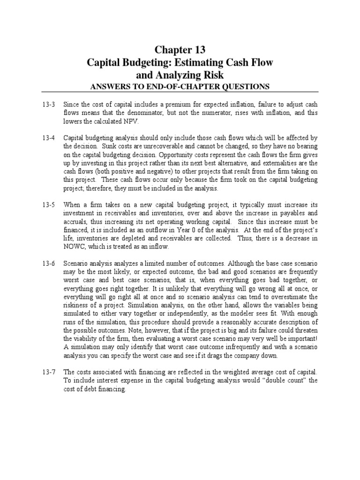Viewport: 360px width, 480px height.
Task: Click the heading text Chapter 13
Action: pos(180,50)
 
